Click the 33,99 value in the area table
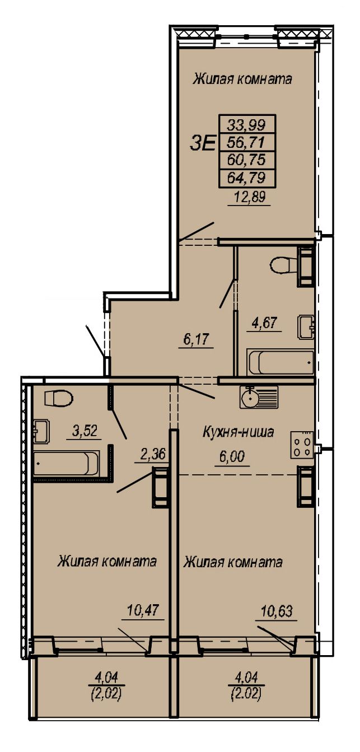click(247, 125)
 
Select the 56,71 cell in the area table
click(247, 143)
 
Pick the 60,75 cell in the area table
click(247, 160)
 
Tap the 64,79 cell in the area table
click(247, 177)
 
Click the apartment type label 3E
click(203, 144)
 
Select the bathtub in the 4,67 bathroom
click(280, 363)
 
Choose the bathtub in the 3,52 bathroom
click(67, 464)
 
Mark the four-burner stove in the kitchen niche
click(302, 445)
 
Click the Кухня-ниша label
click(238, 432)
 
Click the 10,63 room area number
click(277, 611)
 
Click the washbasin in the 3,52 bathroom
click(41, 431)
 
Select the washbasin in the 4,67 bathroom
click(306, 326)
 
